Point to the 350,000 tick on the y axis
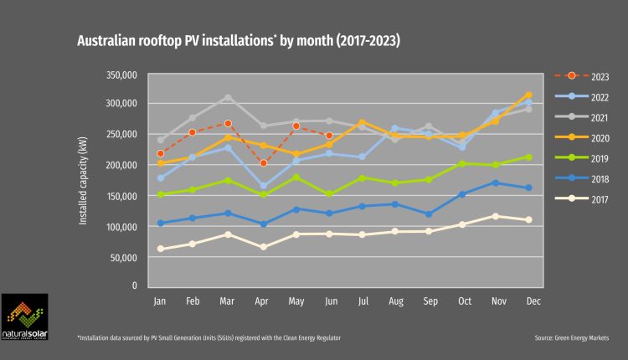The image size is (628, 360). [x=121, y=75]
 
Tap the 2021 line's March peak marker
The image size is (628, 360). [x=228, y=97]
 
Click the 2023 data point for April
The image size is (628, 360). [x=264, y=163]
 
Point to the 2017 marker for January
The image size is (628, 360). [x=160, y=249]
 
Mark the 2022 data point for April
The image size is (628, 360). [x=264, y=186]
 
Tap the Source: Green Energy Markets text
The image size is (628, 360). [x=570, y=337]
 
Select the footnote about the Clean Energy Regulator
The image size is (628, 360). [x=208, y=337]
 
